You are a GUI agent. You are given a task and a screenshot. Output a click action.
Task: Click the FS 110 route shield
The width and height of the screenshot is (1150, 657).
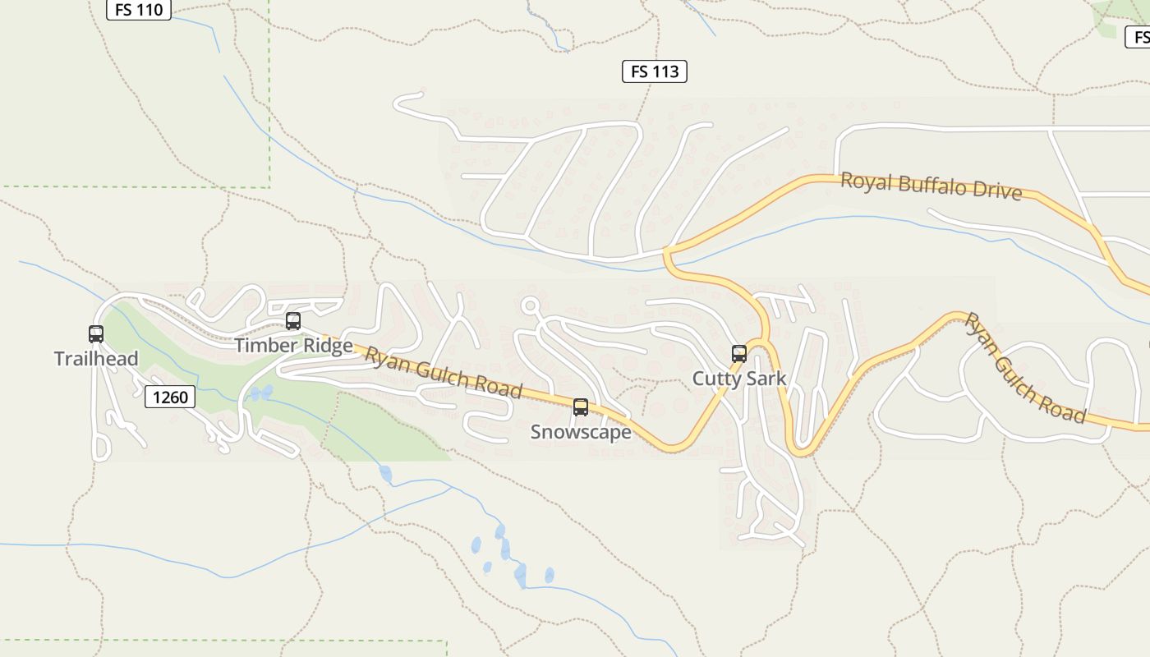[x=139, y=10]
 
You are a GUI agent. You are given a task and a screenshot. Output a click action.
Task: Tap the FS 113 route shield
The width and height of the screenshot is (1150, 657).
[x=654, y=71]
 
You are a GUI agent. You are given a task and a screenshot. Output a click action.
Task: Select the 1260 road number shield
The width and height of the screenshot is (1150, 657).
[x=170, y=397]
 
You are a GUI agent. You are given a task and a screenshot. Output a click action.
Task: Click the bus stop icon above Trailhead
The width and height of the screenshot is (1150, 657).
[x=96, y=334]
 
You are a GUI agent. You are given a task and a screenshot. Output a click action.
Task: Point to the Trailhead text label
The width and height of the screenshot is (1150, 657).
[x=96, y=359]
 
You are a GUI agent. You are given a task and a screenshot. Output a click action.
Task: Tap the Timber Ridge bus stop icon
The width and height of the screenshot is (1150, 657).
[x=293, y=321]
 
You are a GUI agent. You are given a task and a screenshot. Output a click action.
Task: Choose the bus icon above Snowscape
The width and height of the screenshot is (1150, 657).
[x=581, y=407]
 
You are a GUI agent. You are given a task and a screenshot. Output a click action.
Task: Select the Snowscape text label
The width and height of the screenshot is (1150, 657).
[x=581, y=432]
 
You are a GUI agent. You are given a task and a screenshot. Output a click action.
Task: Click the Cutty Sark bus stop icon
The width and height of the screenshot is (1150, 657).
[x=739, y=354]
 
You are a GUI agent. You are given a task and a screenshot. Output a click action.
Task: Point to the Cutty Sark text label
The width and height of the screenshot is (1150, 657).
[x=739, y=379]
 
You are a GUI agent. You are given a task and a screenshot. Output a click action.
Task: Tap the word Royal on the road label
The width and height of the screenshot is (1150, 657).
[x=866, y=181]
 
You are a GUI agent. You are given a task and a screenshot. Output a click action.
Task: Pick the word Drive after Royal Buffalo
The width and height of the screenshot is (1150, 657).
[x=997, y=191]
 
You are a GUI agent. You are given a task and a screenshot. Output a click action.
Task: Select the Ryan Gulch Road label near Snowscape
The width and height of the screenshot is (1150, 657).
[x=444, y=373]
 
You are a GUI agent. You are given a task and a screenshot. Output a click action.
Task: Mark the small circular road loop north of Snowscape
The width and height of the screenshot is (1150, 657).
[x=530, y=306]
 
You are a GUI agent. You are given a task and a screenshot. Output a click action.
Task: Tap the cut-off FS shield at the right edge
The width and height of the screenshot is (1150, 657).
[x=1138, y=37]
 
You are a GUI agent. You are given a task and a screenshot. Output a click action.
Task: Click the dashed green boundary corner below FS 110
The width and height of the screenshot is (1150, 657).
[x=269, y=186]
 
